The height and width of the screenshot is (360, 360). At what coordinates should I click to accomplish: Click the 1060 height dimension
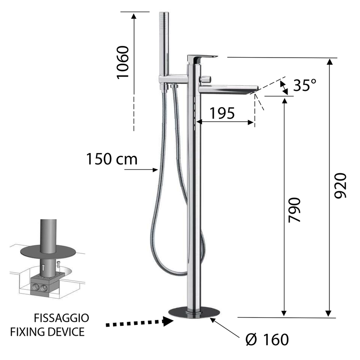coord(122,63)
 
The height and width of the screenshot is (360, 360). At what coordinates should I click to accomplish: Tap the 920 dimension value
coord(340,185)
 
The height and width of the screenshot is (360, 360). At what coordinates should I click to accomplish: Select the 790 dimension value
coord(294,210)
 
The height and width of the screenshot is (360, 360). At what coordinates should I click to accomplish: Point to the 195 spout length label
coord(222,113)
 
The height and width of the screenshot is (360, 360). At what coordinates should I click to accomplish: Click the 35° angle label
coord(305,85)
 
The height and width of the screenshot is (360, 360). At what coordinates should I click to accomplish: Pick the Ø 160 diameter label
coord(267,339)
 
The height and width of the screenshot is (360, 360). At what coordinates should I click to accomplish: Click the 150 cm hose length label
coord(112,159)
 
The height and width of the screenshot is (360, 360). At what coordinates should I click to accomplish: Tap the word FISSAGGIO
coord(62,318)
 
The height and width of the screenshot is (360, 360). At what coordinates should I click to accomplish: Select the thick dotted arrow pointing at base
coord(139,322)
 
